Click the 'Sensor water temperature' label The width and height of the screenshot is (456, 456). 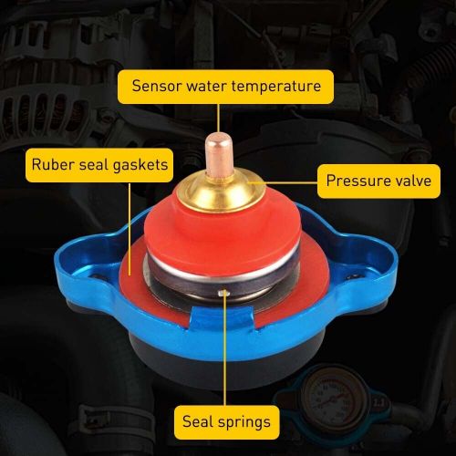[x=227, y=88]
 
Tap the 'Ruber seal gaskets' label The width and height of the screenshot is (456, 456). [x=98, y=165]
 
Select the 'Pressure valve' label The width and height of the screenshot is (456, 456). [x=378, y=181]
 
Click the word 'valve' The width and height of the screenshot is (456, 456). [x=409, y=181]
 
